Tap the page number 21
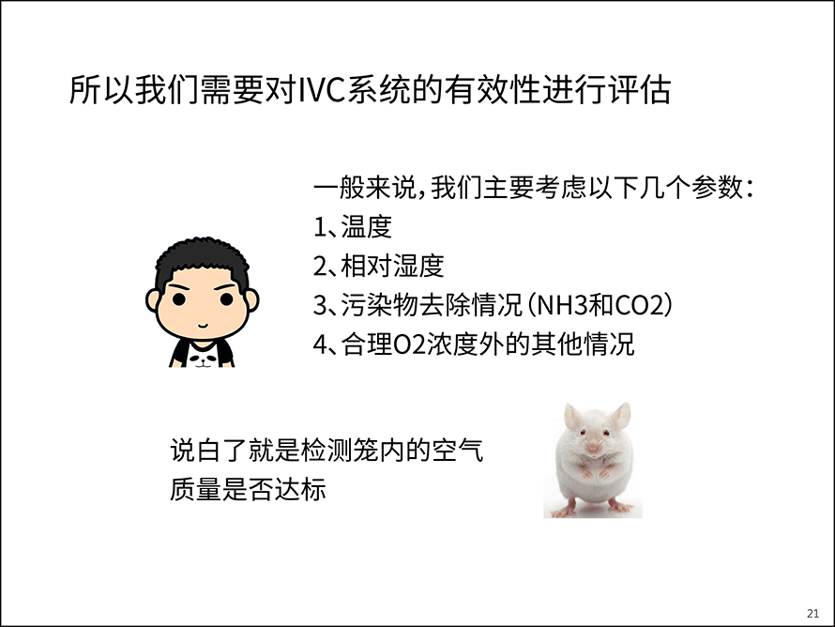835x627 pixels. [812, 613]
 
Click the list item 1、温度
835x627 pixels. [353, 227]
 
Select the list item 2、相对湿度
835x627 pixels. [379, 266]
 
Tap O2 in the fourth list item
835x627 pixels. [409, 344]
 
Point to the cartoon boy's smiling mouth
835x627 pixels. [203, 325]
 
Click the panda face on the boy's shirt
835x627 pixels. [203, 359]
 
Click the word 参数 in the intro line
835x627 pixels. [718, 188]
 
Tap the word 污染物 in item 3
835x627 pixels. [379, 305]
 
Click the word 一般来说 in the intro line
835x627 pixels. [365, 188]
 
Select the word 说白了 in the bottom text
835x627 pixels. [208, 451]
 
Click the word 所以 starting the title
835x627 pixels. [101, 89]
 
